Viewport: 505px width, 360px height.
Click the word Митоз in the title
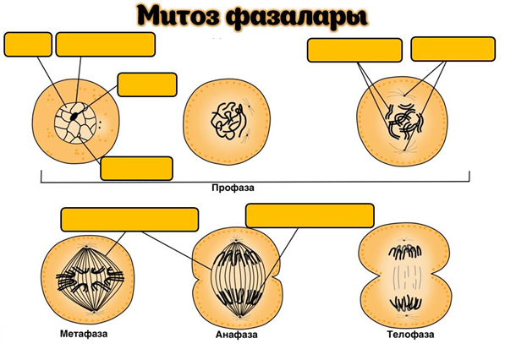[x=178, y=16]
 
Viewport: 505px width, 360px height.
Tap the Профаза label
[x=233, y=188]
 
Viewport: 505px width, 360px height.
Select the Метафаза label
[x=84, y=334]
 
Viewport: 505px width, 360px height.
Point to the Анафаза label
[x=237, y=335]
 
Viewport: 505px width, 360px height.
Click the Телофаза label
[x=410, y=335]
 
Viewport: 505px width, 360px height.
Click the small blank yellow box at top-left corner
[x=28, y=45]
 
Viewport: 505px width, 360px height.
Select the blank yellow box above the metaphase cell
[x=129, y=220]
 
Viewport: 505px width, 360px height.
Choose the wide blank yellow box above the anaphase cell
[x=310, y=215]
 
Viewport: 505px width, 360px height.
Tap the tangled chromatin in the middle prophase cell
[x=228, y=122]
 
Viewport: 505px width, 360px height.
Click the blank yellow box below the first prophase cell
[x=136, y=168]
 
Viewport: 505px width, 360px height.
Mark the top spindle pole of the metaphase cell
[x=87, y=247]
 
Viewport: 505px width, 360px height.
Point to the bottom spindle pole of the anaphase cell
[x=240, y=316]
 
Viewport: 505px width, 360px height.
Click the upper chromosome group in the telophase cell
[x=405, y=252]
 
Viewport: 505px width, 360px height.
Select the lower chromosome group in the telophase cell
[x=406, y=303]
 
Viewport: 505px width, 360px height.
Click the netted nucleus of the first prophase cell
[x=75, y=123]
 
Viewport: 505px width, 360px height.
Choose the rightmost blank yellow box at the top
[x=453, y=49]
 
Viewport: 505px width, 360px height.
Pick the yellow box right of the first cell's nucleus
[x=147, y=85]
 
